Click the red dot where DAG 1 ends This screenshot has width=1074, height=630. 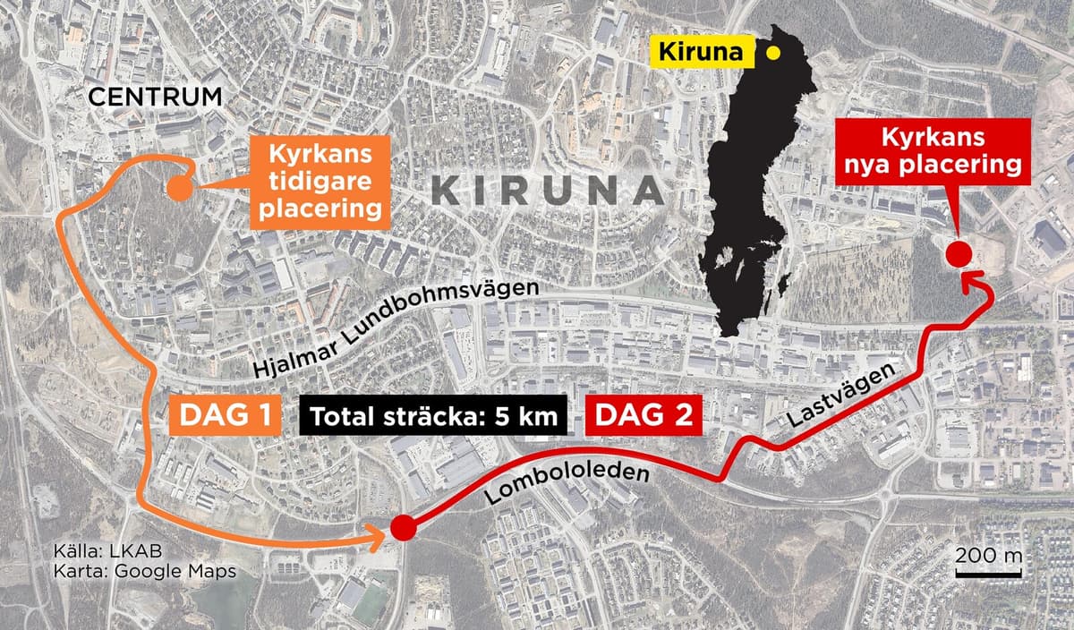click(x=402, y=529)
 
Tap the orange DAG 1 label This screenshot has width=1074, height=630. click(x=220, y=416)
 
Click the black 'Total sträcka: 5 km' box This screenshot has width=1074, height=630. click(x=434, y=416)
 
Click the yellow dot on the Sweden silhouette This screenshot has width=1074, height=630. click(x=772, y=53)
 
